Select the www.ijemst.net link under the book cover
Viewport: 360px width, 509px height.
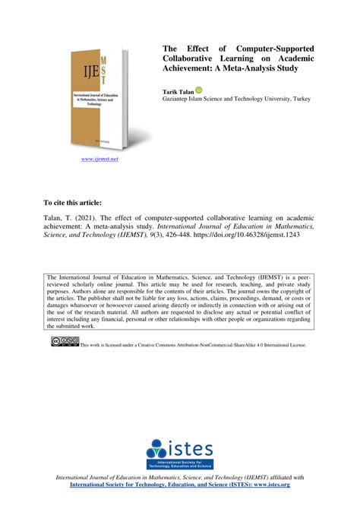point(99,160)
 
